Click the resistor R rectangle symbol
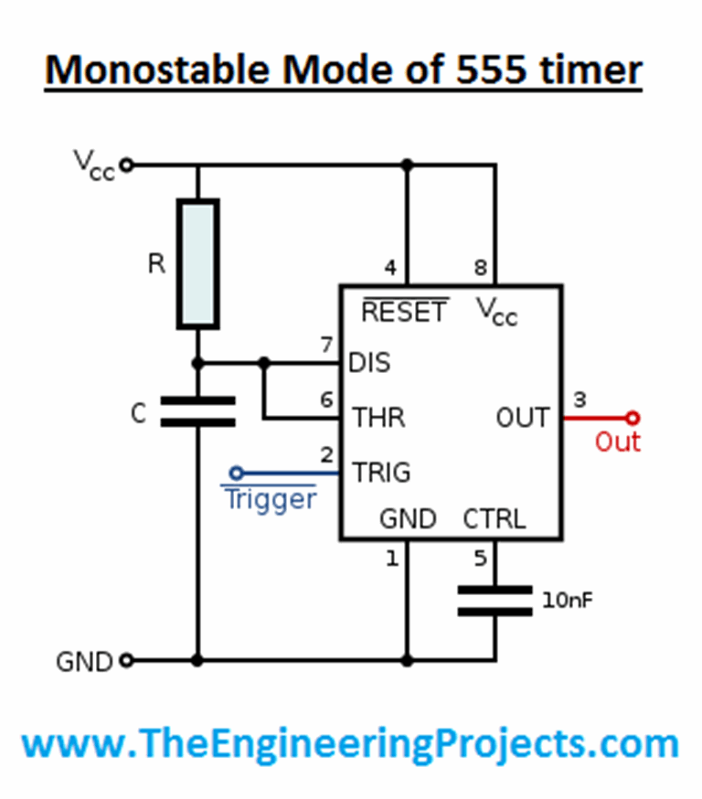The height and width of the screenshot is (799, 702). pos(197,264)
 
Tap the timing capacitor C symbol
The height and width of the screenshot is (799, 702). pos(197,411)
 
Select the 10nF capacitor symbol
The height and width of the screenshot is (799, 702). pos(495,601)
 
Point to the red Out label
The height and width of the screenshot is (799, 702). pos(618,442)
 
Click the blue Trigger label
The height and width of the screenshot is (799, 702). pos(271,499)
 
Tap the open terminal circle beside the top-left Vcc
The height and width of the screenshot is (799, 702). pos(126,165)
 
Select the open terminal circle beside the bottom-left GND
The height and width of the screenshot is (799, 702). pos(126,659)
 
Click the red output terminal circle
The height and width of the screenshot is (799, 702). pos(632,418)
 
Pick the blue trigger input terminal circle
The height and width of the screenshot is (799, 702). pos(236,473)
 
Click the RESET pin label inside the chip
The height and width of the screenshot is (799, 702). pos(404,312)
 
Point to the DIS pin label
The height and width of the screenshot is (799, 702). pos(370,363)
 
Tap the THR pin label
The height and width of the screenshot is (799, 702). pos(378,418)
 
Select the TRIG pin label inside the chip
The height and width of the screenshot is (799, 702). pos(382,473)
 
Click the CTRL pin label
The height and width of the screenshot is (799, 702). pos(495,519)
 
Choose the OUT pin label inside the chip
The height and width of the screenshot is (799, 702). pos(523,418)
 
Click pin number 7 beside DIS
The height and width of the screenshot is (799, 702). pos(326,345)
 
